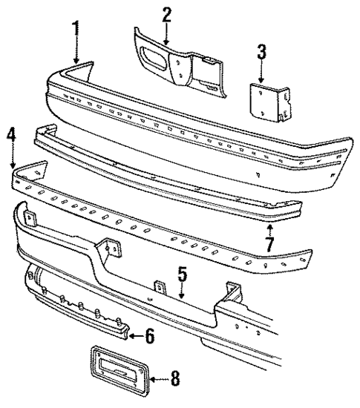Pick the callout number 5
[x=181, y=276]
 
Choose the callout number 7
[x=270, y=243]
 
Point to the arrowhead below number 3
[x=261, y=79]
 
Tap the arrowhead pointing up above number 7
[x=270, y=223]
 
